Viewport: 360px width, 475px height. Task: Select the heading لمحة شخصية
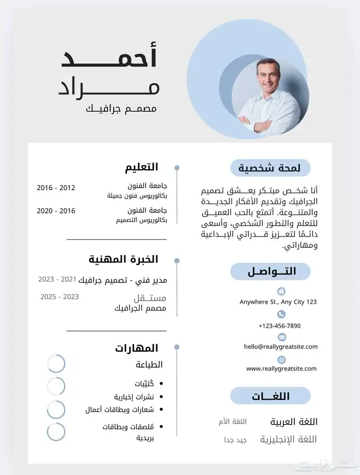271,168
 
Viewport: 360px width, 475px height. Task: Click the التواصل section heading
271,271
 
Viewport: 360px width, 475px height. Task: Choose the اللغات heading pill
271,396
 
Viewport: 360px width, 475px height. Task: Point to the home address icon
281,291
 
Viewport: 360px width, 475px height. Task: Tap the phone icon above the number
281,314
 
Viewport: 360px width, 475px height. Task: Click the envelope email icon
281,337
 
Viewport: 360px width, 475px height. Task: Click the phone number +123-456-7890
280,326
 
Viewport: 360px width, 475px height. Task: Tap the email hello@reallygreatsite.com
281,347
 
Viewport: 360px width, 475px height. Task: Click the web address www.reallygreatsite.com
281,369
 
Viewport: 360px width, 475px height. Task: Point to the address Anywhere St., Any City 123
278,302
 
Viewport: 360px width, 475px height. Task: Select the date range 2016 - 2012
56,188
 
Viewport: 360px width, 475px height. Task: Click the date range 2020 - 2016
56,211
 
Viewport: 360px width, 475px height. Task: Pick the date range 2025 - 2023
60,297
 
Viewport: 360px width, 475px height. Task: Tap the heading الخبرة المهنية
123,259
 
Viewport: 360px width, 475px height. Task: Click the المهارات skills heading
136,348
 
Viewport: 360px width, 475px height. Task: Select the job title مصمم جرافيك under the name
121,109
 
